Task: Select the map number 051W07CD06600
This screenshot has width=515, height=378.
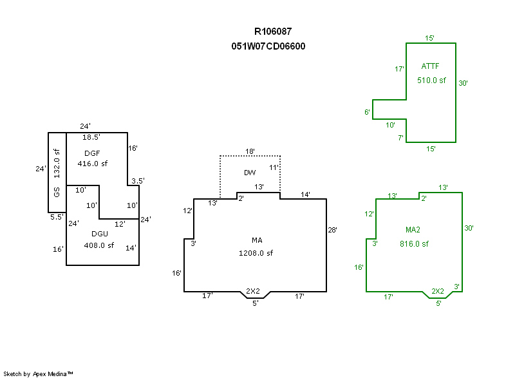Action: [268, 46]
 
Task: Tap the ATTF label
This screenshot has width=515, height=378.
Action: [431, 66]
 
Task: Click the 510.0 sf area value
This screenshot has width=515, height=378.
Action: [431, 80]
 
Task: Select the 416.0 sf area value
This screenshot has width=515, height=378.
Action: [93, 164]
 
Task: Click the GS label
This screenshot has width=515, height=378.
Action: [57, 193]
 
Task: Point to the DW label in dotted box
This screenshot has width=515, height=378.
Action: [250, 173]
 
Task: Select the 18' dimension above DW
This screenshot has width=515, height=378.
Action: [250, 151]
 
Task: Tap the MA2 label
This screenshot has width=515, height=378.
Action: [413, 230]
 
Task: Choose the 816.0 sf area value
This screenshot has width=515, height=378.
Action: [413, 244]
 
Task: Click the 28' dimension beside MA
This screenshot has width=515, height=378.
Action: [333, 229]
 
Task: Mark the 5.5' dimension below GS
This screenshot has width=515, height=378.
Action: [57, 217]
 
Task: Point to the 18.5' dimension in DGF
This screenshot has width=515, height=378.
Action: [91, 137]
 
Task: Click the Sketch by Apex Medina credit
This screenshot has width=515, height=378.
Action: [38, 373]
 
